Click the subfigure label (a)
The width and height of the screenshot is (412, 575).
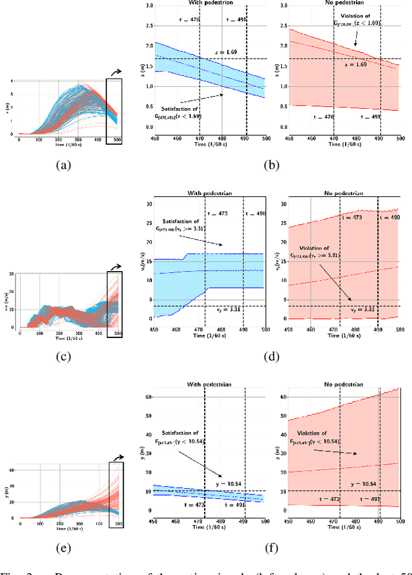pos(62,165)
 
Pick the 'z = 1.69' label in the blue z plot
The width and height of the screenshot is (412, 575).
pos(228,52)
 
